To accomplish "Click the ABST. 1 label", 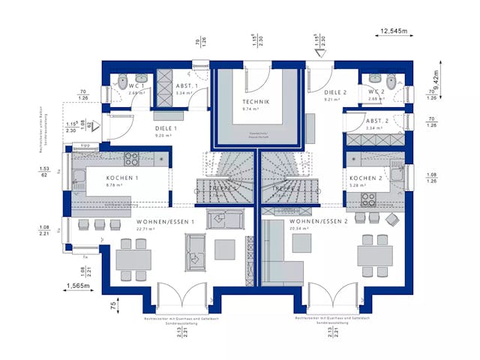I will coord(186,87).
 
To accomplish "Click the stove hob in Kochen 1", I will coord(131,158).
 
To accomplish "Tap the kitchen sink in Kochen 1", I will coord(78,178).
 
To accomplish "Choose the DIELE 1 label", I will coord(165,128).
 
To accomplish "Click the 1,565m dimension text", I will coord(78,286).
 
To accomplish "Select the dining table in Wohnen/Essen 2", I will coord(374,256).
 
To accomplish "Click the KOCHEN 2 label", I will coord(366,178).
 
